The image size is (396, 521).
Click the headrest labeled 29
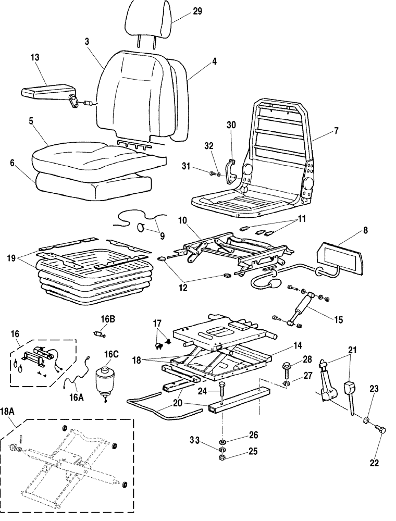(147, 21)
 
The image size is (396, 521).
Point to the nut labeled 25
(222, 458)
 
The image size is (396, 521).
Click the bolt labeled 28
(288, 368)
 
